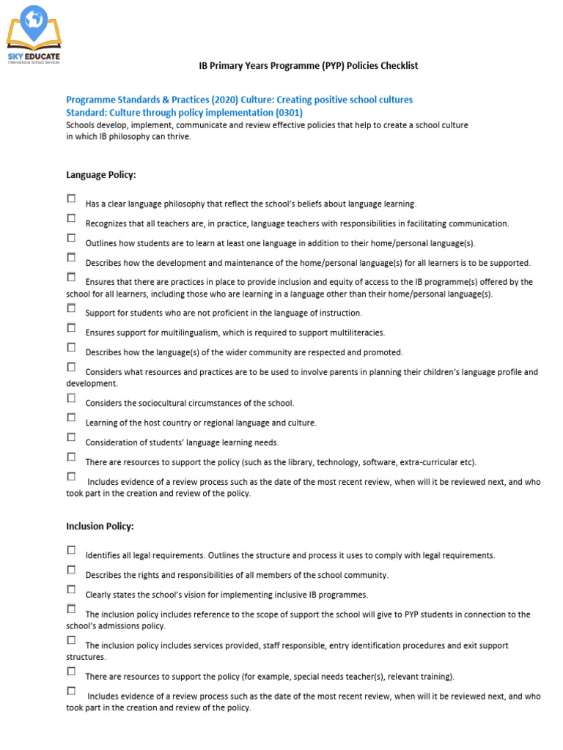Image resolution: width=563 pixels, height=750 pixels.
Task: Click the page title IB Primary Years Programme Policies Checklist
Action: tap(309, 66)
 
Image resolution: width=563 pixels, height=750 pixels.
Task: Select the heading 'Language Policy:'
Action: tap(101, 175)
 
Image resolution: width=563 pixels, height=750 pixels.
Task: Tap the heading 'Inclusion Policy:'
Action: tap(100, 527)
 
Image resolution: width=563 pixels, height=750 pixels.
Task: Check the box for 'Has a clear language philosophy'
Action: tap(71, 198)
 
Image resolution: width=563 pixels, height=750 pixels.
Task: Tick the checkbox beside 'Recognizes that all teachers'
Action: tap(71, 218)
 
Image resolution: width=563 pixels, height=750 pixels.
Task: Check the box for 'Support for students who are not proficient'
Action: tap(71, 308)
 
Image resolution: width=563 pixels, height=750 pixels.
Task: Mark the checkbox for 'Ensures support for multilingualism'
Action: tap(71, 327)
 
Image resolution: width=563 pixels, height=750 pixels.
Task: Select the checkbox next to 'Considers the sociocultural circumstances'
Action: tap(71, 398)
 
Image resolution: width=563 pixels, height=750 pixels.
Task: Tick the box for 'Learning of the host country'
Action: tap(71, 417)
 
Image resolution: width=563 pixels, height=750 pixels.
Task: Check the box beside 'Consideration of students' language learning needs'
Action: tap(71, 437)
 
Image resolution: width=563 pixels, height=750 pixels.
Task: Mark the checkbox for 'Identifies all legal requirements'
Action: tap(71, 550)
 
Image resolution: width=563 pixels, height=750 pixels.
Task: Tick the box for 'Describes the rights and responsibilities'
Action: tap(71, 570)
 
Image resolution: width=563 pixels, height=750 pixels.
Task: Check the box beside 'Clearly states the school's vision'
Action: tap(71, 590)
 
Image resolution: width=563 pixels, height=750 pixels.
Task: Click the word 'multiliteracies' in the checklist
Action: tap(358, 333)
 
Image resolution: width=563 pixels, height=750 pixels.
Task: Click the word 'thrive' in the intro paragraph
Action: tap(179, 136)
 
